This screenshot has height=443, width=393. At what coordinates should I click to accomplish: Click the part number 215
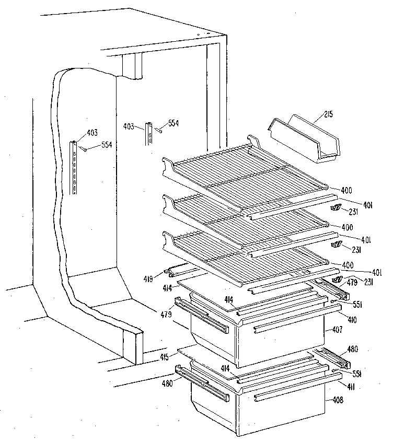point(329,114)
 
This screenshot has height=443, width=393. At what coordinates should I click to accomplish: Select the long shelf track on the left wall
point(75,168)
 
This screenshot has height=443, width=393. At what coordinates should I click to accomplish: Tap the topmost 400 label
point(346,189)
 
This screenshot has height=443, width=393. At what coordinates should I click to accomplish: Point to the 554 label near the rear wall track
point(174,123)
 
